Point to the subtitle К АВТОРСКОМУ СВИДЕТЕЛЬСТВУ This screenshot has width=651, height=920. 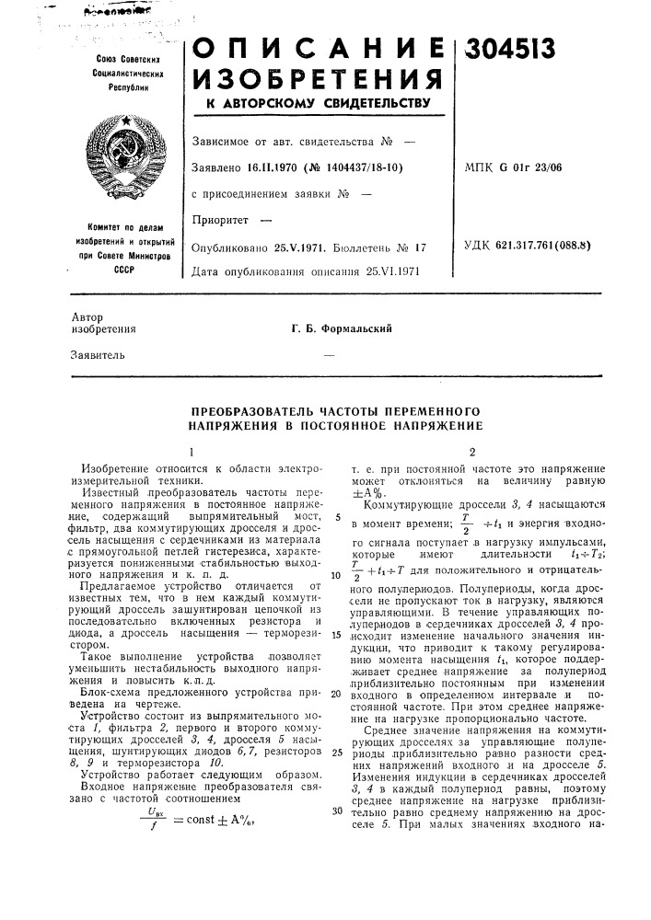[x=316, y=105]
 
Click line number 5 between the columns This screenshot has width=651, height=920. [x=340, y=519]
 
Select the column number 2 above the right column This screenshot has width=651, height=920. [x=472, y=452]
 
